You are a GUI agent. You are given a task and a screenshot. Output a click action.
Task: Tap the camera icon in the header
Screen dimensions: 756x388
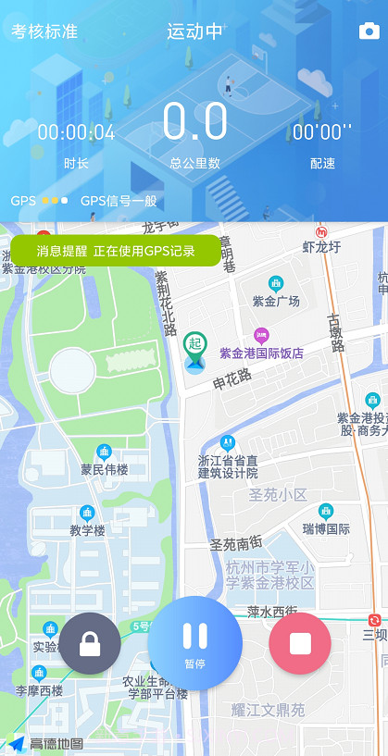click(x=369, y=31)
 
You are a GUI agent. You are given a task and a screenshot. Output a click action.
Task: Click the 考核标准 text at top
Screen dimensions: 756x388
click(x=44, y=31)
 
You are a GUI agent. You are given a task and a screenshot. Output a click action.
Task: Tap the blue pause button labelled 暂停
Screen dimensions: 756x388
click(x=194, y=642)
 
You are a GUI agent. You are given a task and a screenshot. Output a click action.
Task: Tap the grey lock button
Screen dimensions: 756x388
click(x=90, y=643)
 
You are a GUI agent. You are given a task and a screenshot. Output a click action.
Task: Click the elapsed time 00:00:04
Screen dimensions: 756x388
click(x=76, y=132)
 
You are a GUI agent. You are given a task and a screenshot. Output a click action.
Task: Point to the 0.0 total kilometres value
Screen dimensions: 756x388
click(x=194, y=122)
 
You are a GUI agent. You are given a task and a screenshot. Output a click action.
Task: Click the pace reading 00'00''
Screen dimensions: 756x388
click(x=322, y=132)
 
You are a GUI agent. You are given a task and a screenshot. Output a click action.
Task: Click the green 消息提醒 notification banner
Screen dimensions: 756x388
click(x=116, y=251)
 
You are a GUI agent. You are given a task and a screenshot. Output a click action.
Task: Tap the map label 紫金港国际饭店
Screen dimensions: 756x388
click(x=261, y=353)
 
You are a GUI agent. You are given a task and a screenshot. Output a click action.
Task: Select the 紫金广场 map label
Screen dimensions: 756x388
click(x=276, y=301)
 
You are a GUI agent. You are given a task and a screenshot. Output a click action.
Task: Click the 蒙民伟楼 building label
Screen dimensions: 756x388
click(x=104, y=469)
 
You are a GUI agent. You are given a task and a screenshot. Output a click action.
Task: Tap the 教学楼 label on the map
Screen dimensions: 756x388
click(x=88, y=530)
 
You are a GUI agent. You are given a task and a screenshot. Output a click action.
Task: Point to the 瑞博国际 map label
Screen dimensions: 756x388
click(x=326, y=528)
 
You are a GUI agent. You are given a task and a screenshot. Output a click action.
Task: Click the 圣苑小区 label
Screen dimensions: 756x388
click(x=278, y=495)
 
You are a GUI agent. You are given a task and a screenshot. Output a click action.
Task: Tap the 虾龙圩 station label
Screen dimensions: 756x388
click(x=322, y=246)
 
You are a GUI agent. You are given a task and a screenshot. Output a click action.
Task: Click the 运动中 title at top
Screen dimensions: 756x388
click(x=194, y=31)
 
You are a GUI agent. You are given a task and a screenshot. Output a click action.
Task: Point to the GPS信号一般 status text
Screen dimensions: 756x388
click(x=119, y=201)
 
